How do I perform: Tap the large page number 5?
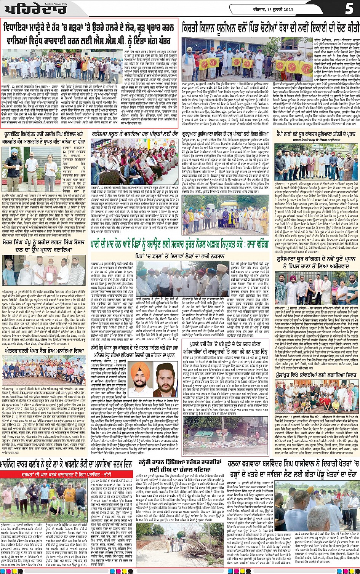[349, 8]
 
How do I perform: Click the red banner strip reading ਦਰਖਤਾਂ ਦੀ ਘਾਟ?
[67, 474]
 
